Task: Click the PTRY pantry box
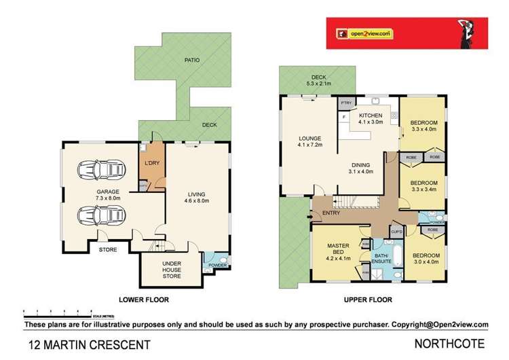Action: pos(345,105)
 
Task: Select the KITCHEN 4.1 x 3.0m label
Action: pos(371,119)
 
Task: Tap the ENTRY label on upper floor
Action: pos(332,214)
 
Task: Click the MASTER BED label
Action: pos(337,251)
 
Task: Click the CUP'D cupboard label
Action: pos(398,232)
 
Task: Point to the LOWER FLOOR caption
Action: pos(143,300)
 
